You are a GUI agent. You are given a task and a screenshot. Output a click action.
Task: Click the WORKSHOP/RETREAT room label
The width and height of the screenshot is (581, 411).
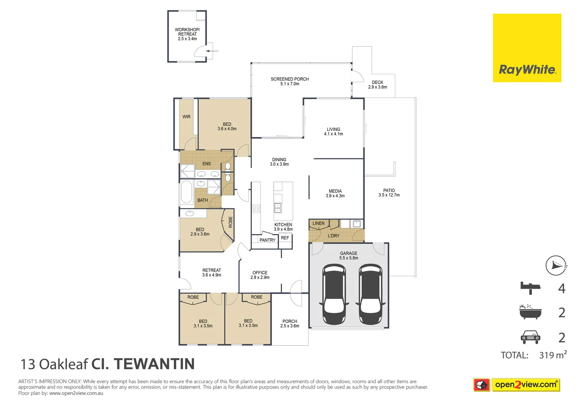pos(187,34)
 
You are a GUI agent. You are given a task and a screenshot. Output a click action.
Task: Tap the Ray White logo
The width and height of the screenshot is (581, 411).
pos(527,48)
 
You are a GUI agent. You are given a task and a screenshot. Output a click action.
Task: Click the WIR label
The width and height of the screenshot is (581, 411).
pos(186,117)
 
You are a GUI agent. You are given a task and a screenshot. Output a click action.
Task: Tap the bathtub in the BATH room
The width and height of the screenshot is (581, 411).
pos(186,193)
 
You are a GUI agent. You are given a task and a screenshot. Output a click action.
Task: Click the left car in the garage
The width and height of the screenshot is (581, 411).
pos(334,295)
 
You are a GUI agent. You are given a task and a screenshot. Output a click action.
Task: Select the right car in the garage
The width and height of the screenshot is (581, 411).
pos(370,295)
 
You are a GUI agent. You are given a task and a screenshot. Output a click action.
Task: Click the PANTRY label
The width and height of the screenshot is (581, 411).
pos(267,240)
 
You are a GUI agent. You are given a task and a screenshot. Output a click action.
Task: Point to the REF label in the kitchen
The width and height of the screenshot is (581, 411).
pos(285,238)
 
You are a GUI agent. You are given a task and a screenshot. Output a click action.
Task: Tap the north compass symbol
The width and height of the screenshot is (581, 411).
pos(556,266)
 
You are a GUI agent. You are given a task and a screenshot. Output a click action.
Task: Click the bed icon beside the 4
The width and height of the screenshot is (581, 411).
pos(530,288)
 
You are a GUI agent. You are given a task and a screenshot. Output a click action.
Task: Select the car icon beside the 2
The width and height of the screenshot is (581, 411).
pos(530,337)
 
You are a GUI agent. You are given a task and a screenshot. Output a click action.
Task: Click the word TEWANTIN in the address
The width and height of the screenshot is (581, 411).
pos(154,364)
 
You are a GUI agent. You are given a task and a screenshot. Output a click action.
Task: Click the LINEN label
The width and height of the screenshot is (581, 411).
pos(318,223)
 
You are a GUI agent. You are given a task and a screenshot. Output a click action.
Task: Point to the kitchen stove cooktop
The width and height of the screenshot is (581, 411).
pos(256,209)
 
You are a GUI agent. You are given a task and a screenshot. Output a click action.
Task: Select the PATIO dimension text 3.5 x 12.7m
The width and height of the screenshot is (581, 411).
pos(389,195)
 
